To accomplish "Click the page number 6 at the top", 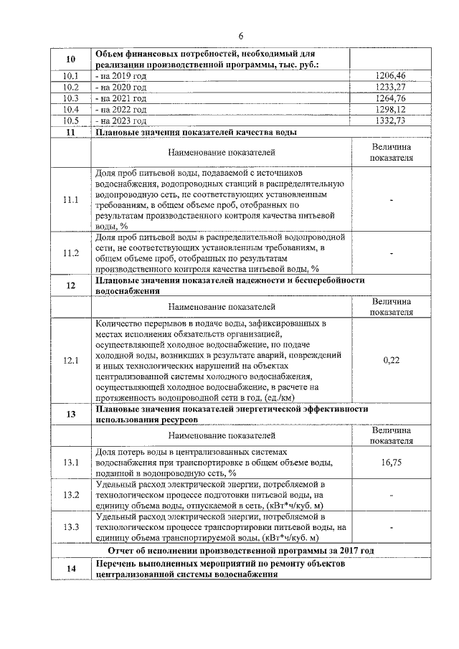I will click(x=241, y=36).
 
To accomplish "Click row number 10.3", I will click(x=70, y=98).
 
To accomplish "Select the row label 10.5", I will click(x=70, y=120).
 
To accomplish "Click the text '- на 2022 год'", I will click(x=121, y=109).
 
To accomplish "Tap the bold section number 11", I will click(x=70, y=133).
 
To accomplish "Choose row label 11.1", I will click(x=70, y=199).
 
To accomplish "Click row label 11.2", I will click(x=70, y=252).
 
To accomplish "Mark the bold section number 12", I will click(x=70, y=285).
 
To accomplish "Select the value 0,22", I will click(x=392, y=360).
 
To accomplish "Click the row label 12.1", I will click(x=70, y=360).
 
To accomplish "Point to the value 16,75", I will click(x=392, y=463).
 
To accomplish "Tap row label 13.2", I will click(x=70, y=495).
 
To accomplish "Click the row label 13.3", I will click(x=70, y=527).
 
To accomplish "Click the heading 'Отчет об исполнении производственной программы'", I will click(x=241, y=550).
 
